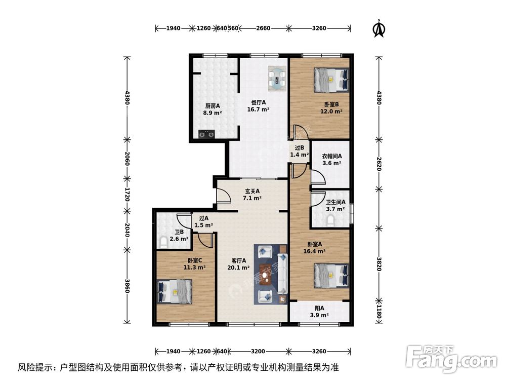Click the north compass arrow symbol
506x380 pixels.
(377, 29)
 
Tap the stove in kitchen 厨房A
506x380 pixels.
(206, 134)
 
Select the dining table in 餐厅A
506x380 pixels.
(276, 79)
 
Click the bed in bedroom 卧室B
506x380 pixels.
(331, 80)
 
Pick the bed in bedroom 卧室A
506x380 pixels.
(331, 275)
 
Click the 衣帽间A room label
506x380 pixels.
(332, 156)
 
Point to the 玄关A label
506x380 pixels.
(252, 191)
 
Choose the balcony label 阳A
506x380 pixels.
(319, 308)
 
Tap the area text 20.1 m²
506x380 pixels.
(238, 268)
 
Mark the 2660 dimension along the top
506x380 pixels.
(263, 28)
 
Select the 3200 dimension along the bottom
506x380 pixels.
(258, 351)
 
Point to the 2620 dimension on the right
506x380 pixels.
(378, 163)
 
